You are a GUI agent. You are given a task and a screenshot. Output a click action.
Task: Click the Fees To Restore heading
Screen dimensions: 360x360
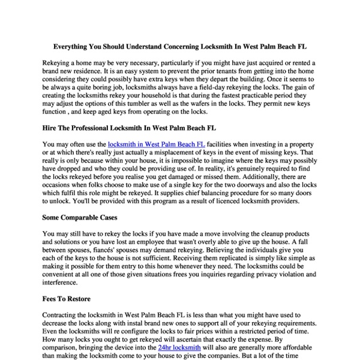tap(67, 298)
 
